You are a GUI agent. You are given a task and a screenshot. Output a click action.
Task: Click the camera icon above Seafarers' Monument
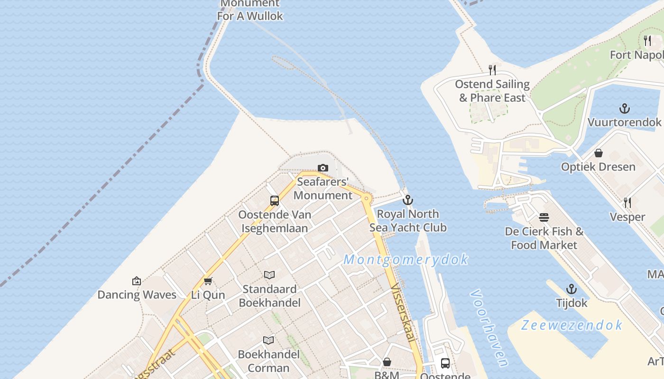pyautogui.click(x=323, y=168)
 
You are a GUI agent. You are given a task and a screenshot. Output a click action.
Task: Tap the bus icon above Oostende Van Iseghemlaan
pyautogui.click(x=275, y=200)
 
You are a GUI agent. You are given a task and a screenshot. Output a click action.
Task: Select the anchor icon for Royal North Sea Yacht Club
pyautogui.click(x=407, y=200)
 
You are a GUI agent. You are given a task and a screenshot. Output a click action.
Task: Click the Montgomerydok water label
pyautogui.click(x=406, y=260)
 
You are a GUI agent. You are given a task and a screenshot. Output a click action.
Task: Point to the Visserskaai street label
pyautogui.click(x=403, y=312)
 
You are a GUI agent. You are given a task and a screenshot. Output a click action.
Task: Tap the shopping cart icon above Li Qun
pyautogui.click(x=208, y=281)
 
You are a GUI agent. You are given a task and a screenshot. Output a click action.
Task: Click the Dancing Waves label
pyautogui.click(x=137, y=295)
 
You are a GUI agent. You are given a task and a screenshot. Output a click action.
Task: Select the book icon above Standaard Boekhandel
pyautogui.click(x=269, y=275)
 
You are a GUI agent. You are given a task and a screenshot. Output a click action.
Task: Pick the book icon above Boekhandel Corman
pyautogui.click(x=268, y=340)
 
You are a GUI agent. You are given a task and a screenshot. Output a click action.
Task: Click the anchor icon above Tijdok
pyautogui.click(x=572, y=289)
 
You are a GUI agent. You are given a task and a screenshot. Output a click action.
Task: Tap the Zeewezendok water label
pyautogui.click(x=572, y=325)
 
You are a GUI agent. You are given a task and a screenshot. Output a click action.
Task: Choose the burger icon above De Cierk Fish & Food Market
pyautogui.click(x=544, y=217)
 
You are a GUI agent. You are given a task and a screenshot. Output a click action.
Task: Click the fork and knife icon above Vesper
pyautogui.click(x=627, y=203)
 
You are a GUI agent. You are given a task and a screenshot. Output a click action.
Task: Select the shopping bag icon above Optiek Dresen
pyautogui.click(x=599, y=153)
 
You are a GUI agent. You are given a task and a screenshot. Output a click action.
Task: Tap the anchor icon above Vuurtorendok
pyautogui.click(x=625, y=108)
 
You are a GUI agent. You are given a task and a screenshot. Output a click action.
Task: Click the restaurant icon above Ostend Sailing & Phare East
pyautogui.click(x=492, y=70)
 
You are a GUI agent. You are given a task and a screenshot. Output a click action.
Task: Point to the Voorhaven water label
pyautogui.click(x=489, y=329)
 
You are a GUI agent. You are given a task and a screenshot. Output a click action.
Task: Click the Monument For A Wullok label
pyautogui.click(x=250, y=10)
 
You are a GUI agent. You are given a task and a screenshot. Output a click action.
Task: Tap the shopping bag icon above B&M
pyautogui.click(x=387, y=362)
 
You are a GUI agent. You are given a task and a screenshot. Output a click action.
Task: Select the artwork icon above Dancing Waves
pyautogui.click(x=137, y=281)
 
